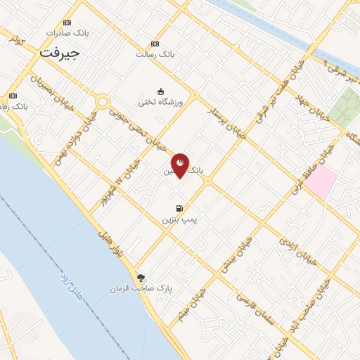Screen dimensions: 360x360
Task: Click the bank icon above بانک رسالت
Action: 155,44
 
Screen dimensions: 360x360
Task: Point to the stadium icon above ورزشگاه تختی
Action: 160,91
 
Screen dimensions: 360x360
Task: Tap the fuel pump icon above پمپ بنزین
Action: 179,208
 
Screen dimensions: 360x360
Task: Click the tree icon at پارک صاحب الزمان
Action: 141,278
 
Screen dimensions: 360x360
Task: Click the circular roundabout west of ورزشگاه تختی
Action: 103,103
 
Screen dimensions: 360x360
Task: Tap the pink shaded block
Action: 320,181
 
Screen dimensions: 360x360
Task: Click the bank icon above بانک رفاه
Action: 13,96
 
